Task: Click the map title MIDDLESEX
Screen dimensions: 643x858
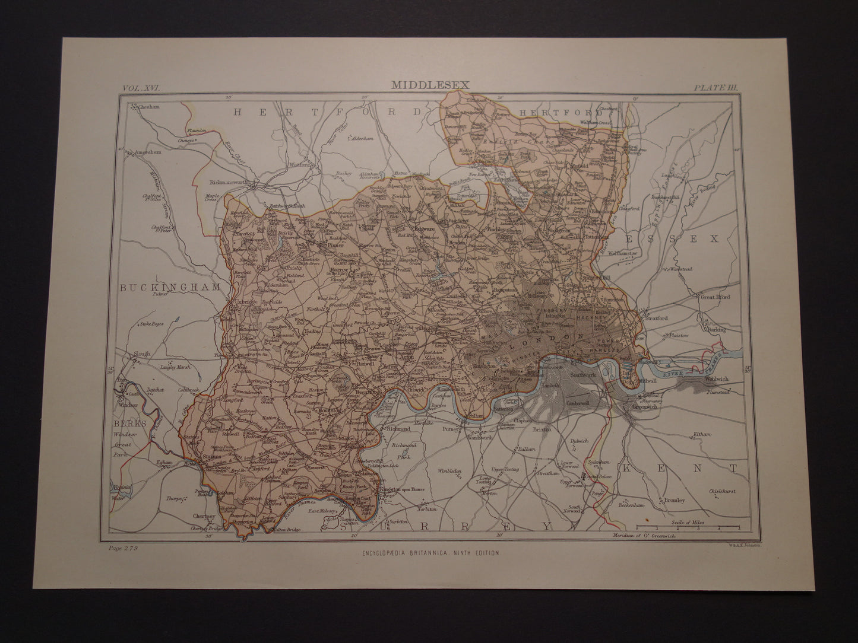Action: coord(430,85)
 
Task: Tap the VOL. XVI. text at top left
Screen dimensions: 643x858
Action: coord(145,87)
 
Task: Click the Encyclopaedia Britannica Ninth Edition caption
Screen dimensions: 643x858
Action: coord(430,552)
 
